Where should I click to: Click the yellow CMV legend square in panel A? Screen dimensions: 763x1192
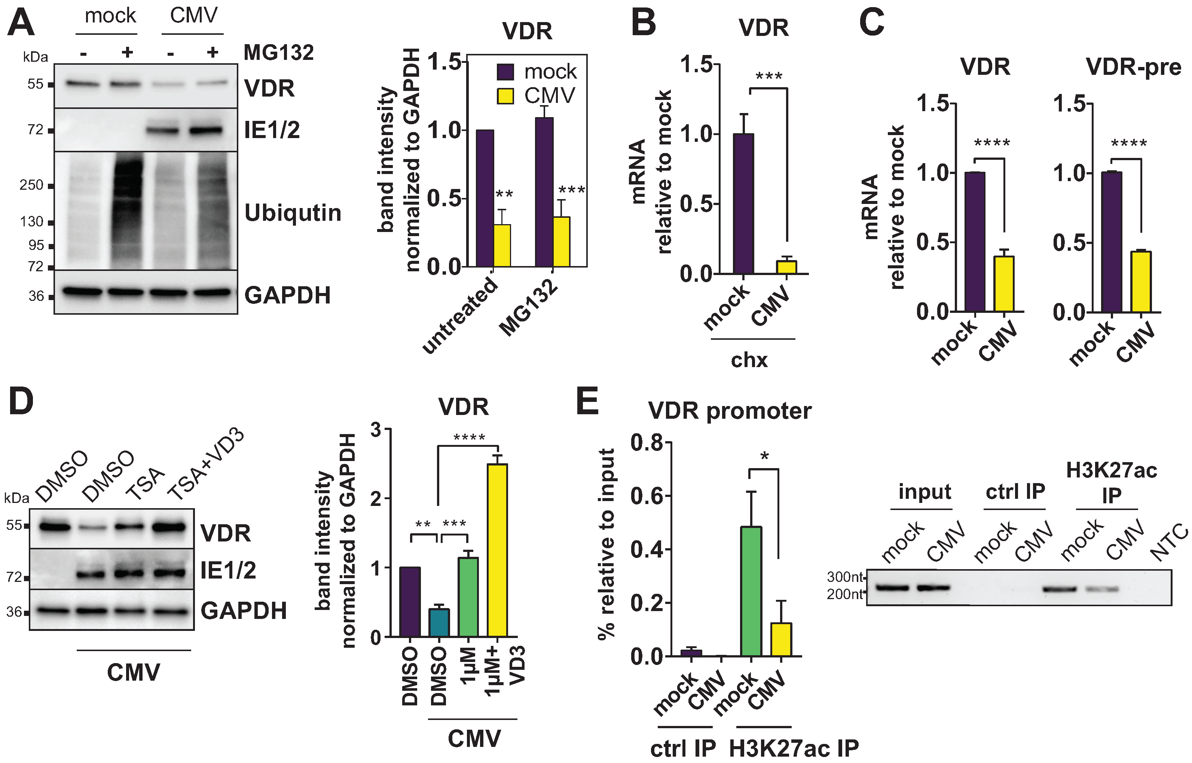coord(505,96)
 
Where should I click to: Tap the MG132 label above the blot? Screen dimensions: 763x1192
coord(278,52)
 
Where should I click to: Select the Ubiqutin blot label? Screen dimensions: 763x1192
coord(293,213)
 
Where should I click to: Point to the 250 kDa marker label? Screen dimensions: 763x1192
coord(32,185)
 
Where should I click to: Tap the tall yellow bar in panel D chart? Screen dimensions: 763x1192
coord(497,550)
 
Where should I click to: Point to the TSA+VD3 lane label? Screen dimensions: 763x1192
coord(205,464)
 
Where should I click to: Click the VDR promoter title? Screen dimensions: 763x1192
coord(730,411)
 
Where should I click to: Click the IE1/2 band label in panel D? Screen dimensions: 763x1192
coord(228,570)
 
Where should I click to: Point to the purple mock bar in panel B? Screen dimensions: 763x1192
coord(743,204)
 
